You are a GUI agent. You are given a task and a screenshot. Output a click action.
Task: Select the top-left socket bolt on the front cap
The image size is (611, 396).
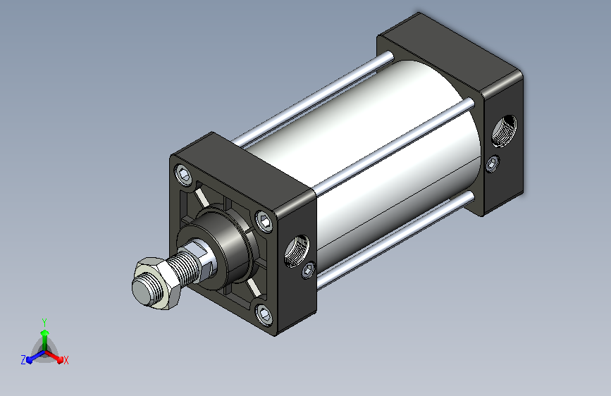click(x=183, y=174)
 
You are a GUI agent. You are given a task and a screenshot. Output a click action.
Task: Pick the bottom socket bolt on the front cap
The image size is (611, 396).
click(x=264, y=314)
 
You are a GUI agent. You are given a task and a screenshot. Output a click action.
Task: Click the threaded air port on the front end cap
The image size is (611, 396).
click(x=297, y=251)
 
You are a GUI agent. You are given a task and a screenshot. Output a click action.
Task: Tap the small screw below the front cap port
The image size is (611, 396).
click(x=308, y=270)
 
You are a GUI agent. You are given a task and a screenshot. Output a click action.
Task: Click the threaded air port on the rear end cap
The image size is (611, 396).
click(x=504, y=131)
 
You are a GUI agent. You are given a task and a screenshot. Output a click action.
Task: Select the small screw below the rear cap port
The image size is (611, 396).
click(x=493, y=163)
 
